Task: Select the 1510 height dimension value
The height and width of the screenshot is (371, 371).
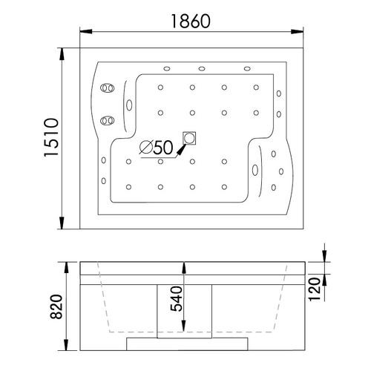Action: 50,139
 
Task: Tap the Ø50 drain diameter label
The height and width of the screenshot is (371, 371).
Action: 157,148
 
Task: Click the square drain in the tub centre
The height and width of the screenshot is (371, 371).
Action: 190,138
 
